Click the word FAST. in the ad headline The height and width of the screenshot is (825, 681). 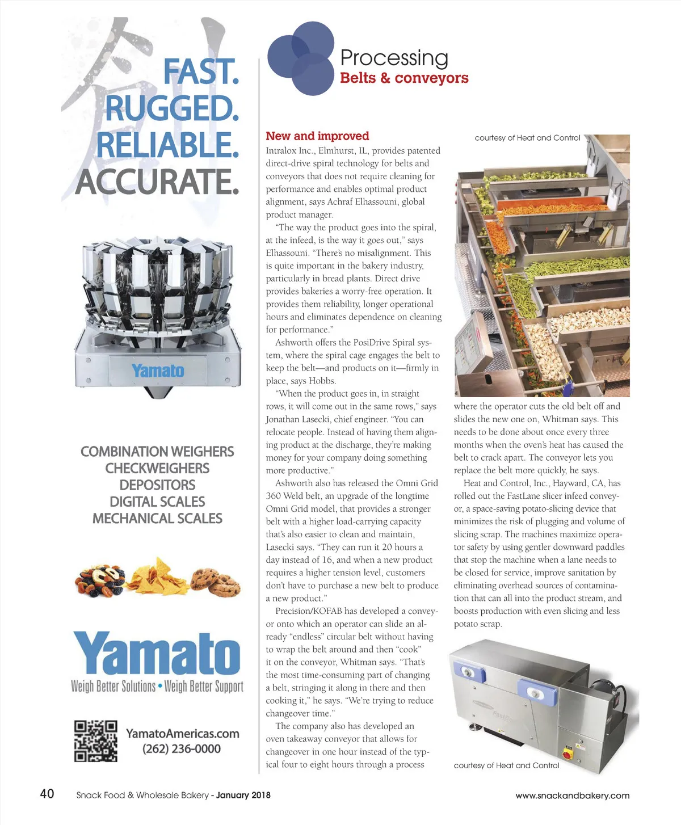(201, 72)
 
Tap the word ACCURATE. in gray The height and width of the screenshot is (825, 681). (157, 182)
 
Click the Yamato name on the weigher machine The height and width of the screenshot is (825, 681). (158, 371)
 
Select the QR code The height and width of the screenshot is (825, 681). (96, 741)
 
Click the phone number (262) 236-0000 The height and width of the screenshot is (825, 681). (182, 749)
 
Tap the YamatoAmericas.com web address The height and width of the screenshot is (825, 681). (182, 734)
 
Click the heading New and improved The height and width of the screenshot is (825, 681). (317, 136)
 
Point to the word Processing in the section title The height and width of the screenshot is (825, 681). (394, 58)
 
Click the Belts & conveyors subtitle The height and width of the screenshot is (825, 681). (404, 78)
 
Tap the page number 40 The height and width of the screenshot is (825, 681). (47, 794)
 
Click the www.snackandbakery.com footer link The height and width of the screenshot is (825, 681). (572, 795)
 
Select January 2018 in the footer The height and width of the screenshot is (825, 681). (243, 795)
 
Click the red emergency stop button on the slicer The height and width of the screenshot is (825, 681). (567, 753)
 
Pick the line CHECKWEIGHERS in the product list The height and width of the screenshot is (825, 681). (157, 469)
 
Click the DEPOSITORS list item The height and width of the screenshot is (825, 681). (157, 485)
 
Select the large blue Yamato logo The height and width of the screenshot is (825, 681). (157, 653)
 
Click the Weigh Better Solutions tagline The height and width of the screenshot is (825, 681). (113, 687)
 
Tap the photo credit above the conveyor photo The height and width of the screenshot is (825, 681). (527, 138)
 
